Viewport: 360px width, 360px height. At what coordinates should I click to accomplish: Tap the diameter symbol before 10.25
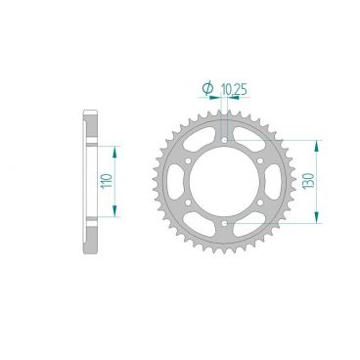coord(207,89)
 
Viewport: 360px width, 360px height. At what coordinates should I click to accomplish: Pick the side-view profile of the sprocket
coord(90,181)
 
